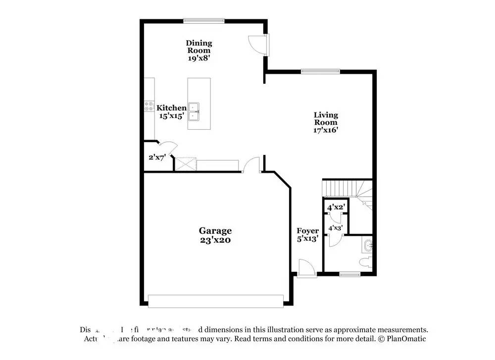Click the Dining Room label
click(198, 50)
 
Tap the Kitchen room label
click(171, 112)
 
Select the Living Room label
click(325, 122)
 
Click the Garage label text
click(215, 235)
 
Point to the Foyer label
click(307, 235)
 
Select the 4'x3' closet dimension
click(336, 228)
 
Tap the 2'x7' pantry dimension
click(157, 157)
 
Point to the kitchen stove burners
click(149, 106)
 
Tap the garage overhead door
click(215, 301)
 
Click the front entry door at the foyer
click(306, 270)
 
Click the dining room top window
click(204, 20)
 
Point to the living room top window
click(320, 71)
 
